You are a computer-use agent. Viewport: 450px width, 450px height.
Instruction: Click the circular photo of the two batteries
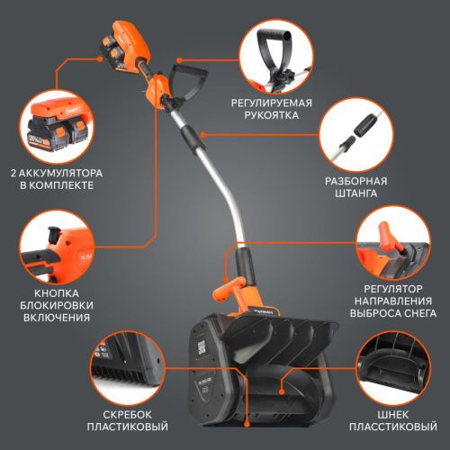[x=58, y=123]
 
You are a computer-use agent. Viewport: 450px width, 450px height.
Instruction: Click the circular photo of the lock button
[x=58, y=247]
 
